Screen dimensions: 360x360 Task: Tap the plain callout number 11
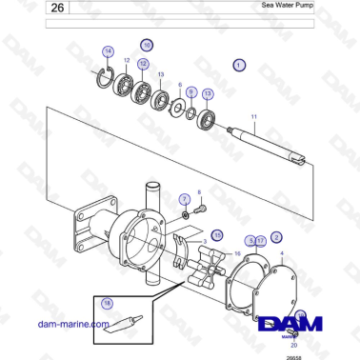pos(253,116)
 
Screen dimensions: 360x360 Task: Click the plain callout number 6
pos(179,85)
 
